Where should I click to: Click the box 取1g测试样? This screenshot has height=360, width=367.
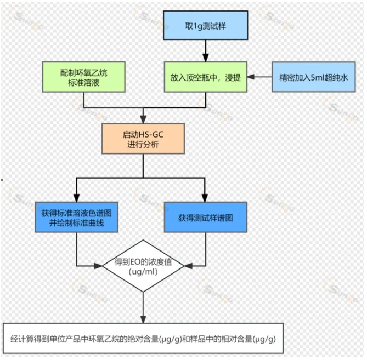205,26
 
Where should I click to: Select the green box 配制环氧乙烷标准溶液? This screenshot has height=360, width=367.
84,77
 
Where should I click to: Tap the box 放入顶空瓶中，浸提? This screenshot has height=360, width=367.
205,77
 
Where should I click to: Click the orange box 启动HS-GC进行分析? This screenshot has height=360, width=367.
143,139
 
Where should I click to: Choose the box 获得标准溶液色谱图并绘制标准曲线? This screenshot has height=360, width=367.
76,216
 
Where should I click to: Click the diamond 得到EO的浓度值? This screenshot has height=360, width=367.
143,266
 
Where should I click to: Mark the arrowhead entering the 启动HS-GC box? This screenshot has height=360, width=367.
143,120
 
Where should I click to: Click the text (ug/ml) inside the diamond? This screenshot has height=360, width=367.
143,272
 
